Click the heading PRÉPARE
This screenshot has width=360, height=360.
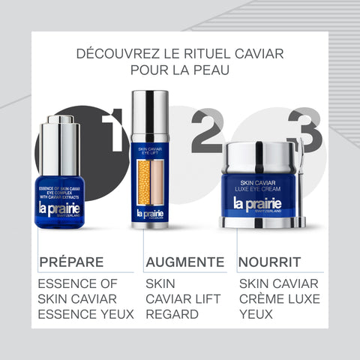click(x=70, y=262)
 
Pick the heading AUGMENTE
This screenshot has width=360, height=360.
click(x=184, y=262)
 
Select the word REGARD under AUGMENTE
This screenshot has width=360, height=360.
click(x=172, y=314)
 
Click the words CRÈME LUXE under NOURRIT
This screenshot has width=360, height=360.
click(x=279, y=298)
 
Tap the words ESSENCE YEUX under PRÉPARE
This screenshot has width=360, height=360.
click(x=85, y=314)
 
